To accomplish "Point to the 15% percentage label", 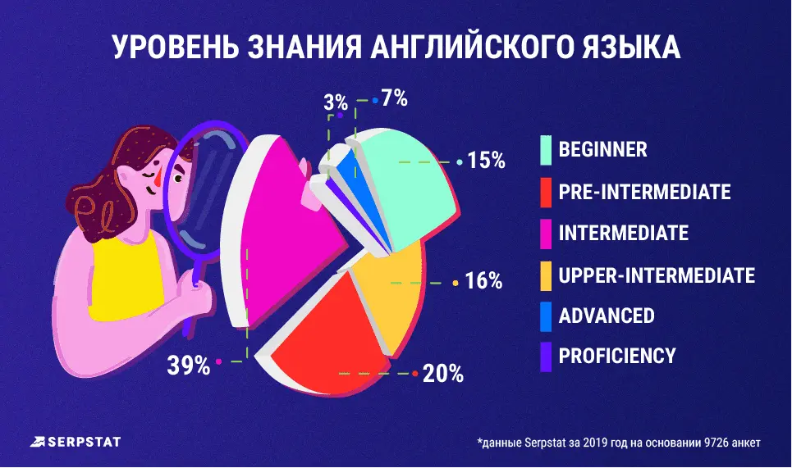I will click(486, 160).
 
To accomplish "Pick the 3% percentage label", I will click(336, 103).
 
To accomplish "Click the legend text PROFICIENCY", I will click(617, 356).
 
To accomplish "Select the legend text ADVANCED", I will click(607, 316).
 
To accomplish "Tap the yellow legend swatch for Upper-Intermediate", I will click(546, 275).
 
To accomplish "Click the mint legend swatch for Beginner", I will click(546, 151).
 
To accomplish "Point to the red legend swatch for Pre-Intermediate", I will click(546, 192).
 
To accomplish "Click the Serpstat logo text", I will click(80, 442).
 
